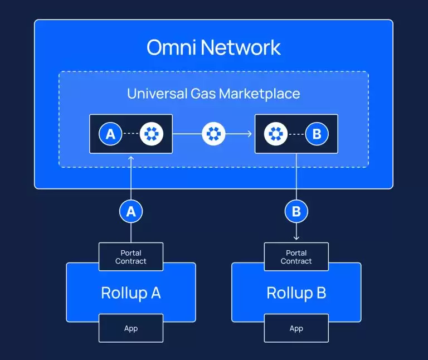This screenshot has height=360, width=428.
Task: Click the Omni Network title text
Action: pos(213,47)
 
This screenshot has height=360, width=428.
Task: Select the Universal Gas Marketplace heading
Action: pos(213,93)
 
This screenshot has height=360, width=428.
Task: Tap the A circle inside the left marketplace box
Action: pos(110,134)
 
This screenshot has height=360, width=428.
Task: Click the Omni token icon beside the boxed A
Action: pos(151,134)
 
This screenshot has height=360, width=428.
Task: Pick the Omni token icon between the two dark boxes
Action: pos(213,134)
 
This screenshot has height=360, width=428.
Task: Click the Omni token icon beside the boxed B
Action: pos(276,134)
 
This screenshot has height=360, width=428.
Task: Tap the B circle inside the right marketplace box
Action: pos(317,134)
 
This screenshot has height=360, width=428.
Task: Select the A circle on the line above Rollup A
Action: pos(131,211)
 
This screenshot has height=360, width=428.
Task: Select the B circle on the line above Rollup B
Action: pos(296,211)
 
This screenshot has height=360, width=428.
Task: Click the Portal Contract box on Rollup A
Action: pos(131,257)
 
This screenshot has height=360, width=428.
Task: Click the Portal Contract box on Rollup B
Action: pos(296,257)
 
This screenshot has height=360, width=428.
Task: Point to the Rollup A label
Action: pos(131,293)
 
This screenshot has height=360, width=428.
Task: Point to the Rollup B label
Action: pos(296,293)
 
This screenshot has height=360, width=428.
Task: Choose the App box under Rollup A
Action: pos(131,328)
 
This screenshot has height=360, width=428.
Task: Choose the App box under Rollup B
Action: pos(296,328)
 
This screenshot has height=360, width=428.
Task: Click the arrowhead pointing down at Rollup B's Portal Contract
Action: pos(296,237)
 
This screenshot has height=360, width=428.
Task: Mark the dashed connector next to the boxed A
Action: pos(130,134)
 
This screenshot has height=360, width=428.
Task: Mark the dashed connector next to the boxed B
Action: pos(296,134)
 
